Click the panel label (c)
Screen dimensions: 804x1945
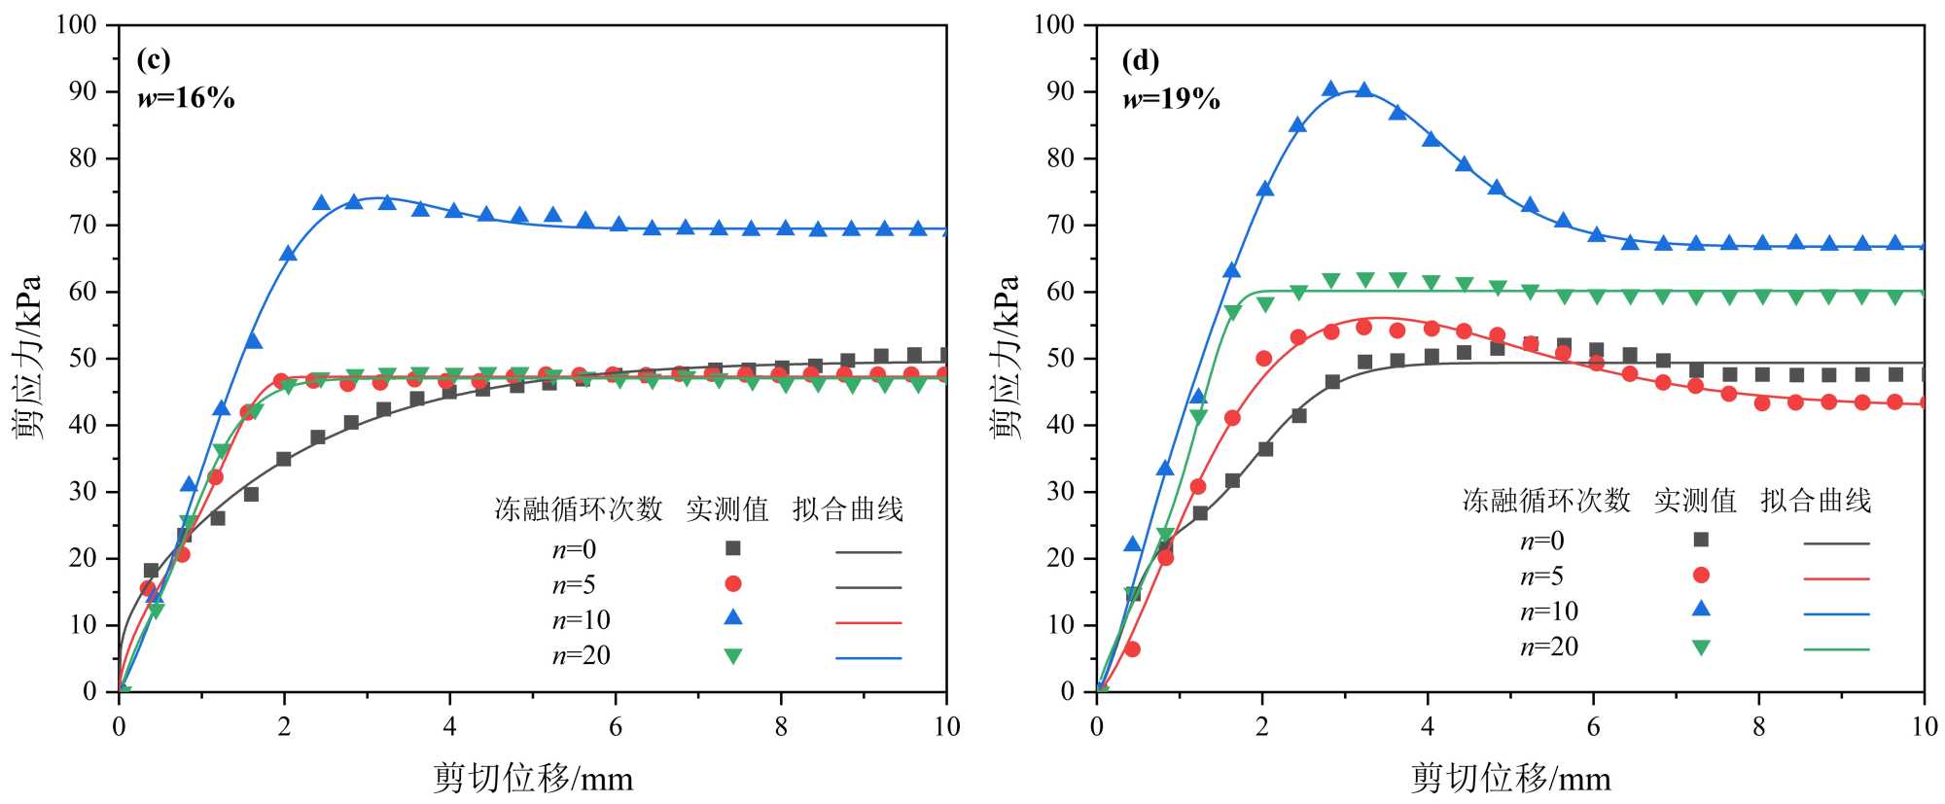pyautogui.click(x=154, y=60)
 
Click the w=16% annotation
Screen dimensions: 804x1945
pyautogui.click(x=186, y=98)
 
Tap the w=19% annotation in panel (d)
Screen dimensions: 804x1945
pyautogui.click(x=1171, y=99)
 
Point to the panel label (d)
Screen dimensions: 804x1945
pyautogui.click(x=1140, y=61)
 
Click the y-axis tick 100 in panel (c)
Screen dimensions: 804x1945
pyautogui.click(x=76, y=24)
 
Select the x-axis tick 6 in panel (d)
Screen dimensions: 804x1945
pyautogui.click(x=1593, y=727)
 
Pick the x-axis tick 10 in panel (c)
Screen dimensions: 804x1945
pyautogui.click(x=945, y=727)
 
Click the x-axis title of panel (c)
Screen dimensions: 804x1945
pyautogui.click(x=532, y=779)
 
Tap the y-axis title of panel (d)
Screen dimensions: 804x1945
pyautogui.click(x=1006, y=357)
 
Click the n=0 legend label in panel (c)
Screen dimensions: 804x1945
pyautogui.click(x=574, y=550)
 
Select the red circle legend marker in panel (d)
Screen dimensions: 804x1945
pyautogui.click(x=1701, y=576)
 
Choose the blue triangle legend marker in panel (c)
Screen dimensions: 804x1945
pyautogui.click(x=733, y=617)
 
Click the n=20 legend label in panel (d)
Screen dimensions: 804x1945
pyautogui.click(x=1549, y=647)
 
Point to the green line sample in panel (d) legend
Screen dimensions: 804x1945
pyautogui.click(x=1836, y=649)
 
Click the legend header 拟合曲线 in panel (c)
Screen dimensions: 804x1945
pyautogui.click(x=847, y=509)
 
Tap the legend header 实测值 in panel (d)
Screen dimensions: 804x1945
pyautogui.click(x=1695, y=501)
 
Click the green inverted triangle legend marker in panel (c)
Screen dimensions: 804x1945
pyautogui.click(x=733, y=656)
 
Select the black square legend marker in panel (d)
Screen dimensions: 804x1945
pyautogui.click(x=1701, y=540)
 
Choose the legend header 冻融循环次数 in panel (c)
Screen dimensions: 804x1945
pyautogui.click(x=579, y=509)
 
